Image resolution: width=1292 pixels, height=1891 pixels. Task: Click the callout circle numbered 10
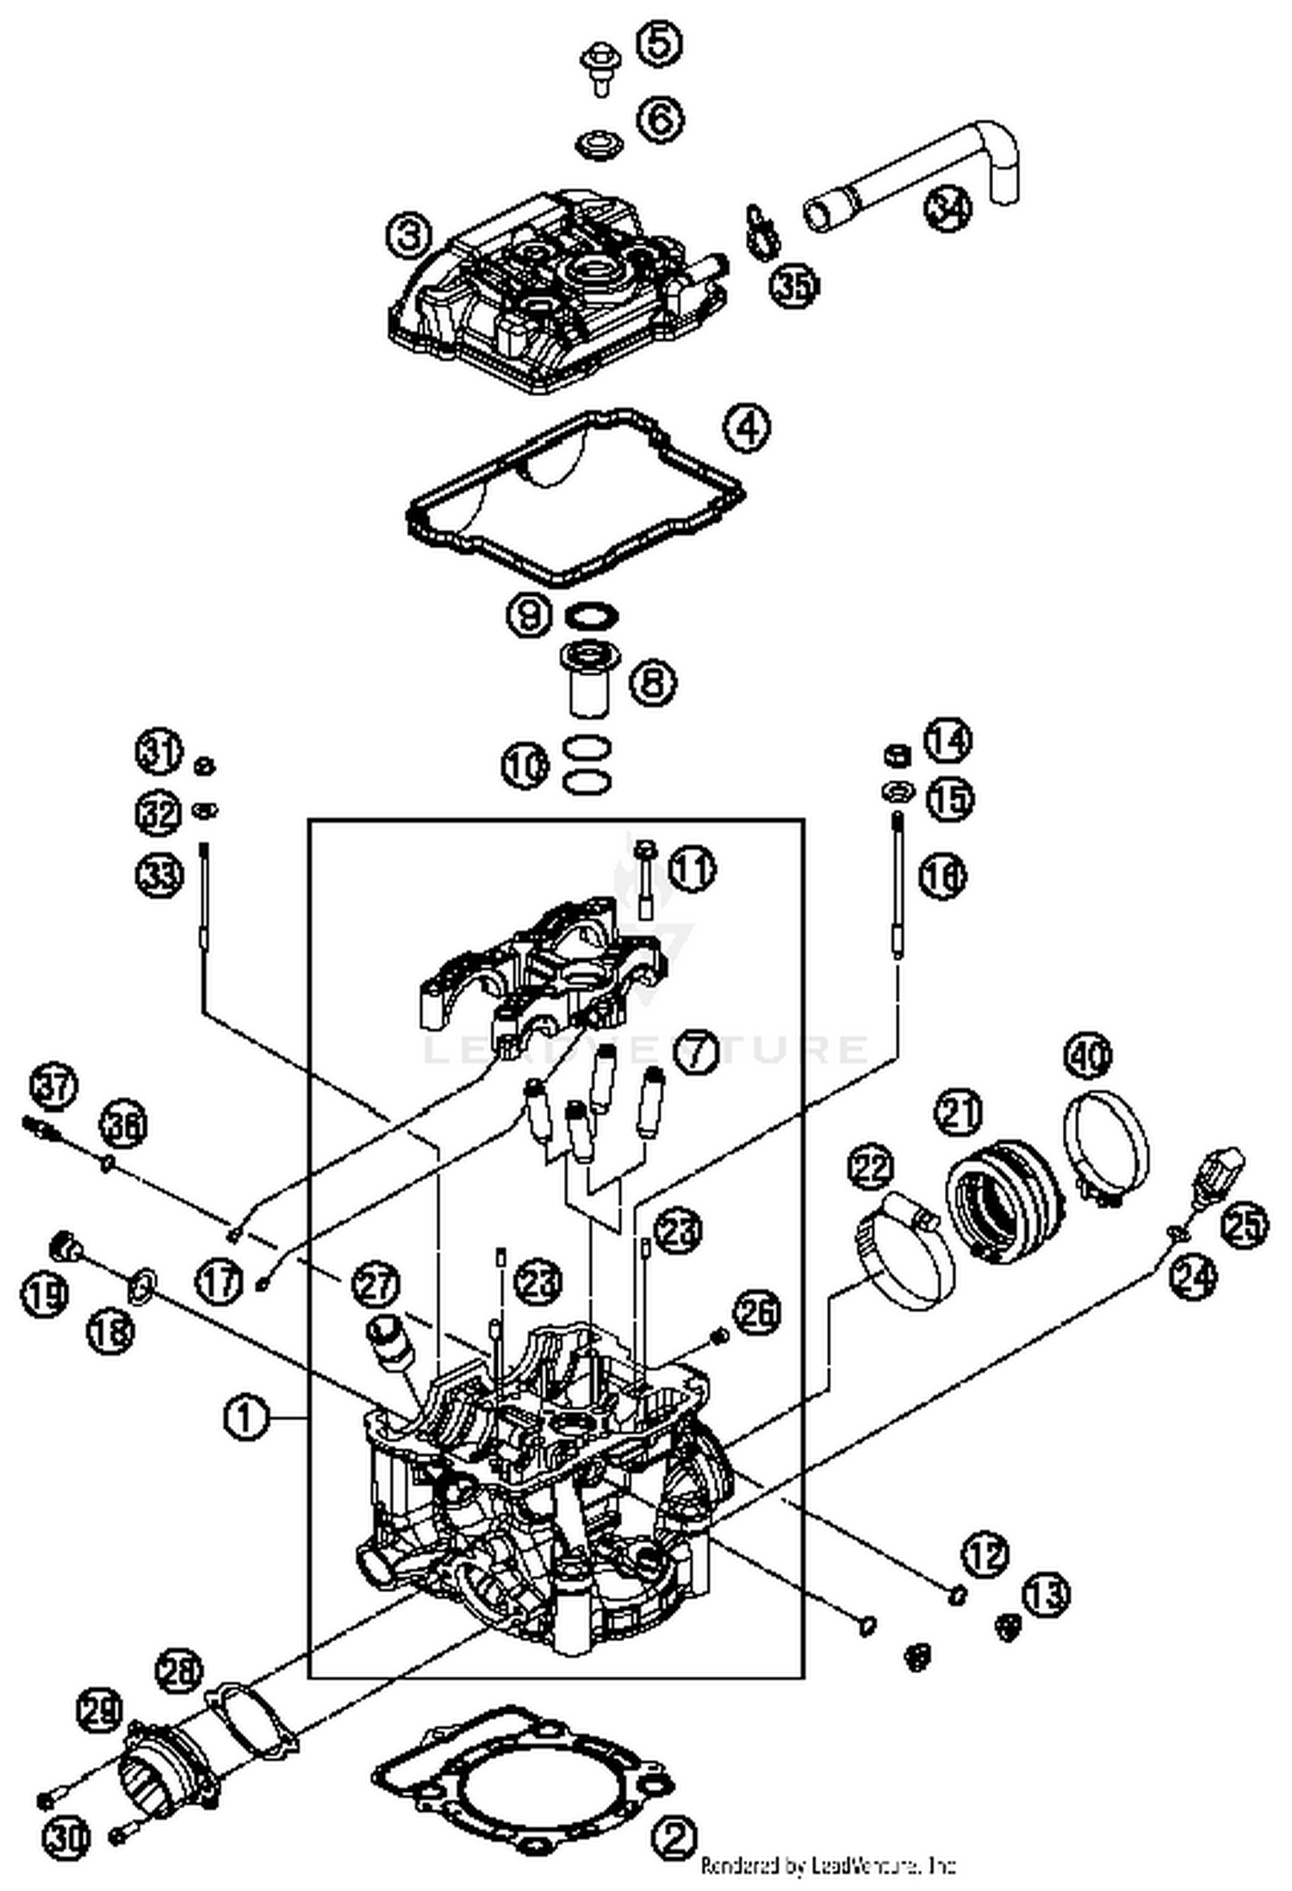point(526,766)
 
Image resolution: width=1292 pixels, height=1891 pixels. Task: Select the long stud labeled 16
point(898,887)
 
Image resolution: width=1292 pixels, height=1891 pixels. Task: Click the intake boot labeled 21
point(1003,1201)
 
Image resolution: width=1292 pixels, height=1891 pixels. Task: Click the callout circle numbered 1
point(245,1417)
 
